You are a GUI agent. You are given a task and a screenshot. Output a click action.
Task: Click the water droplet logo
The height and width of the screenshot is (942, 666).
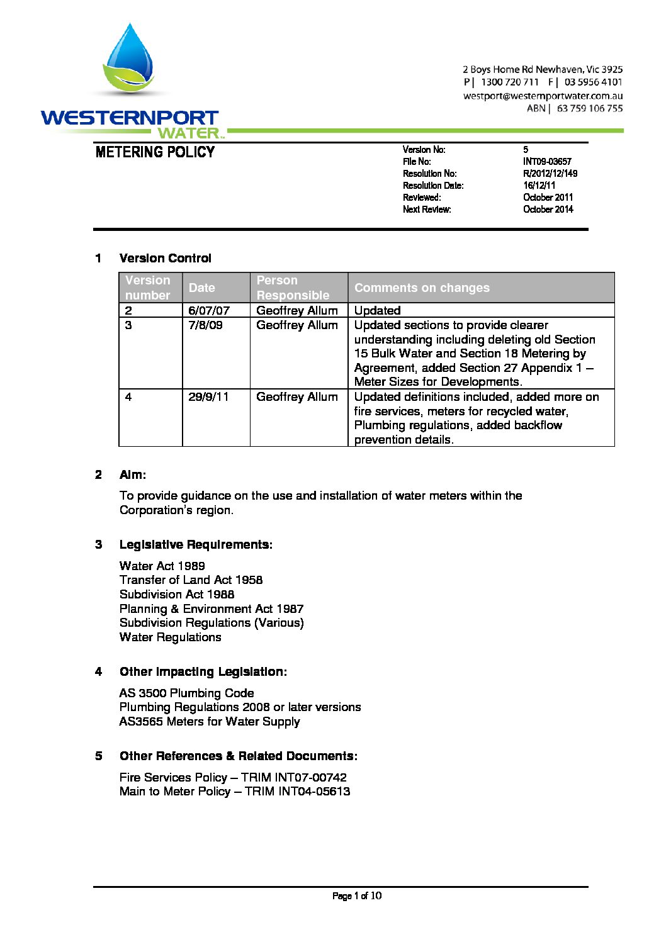pyautogui.click(x=131, y=60)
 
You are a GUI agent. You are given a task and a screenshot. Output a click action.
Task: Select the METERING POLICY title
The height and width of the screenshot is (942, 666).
pyautogui.click(x=155, y=152)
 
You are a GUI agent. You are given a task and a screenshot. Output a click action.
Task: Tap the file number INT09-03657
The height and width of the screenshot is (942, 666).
pyautogui.click(x=547, y=162)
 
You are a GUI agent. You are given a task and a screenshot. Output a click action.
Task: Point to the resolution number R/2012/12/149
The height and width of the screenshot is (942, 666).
pyautogui.click(x=550, y=174)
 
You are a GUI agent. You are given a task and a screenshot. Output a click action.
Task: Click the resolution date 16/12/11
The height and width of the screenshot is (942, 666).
pyautogui.click(x=539, y=186)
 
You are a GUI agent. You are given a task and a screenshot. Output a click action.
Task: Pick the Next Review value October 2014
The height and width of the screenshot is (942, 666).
pyautogui.click(x=548, y=210)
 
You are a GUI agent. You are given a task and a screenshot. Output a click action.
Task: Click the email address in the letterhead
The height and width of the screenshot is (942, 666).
pyautogui.click(x=543, y=96)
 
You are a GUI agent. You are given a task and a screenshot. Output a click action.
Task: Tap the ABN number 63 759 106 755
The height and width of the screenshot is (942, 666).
pyautogui.click(x=590, y=108)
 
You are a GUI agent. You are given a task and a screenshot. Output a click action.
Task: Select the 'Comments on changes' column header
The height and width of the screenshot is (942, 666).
pyautogui.click(x=422, y=288)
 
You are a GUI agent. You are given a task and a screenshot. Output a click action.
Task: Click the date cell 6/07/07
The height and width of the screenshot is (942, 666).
pyautogui.click(x=209, y=310)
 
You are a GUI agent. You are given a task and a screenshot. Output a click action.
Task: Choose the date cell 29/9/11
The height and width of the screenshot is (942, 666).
pyautogui.click(x=208, y=397)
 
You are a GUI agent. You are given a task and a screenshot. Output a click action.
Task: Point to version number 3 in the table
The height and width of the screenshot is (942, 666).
pyautogui.click(x=128, y=325)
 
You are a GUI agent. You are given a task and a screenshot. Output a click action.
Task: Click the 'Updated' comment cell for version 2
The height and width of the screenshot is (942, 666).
pyautogui.click(x=377, y=310)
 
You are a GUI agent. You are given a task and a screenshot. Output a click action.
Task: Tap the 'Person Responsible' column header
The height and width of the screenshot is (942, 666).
pyautogui.click(x=293, y=288)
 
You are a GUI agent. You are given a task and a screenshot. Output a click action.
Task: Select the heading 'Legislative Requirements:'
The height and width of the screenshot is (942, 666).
pyautogui.click(x=196, y=545)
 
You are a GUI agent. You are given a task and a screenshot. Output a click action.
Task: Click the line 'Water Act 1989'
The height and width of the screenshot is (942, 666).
pyautogui.click(x=162, y=566)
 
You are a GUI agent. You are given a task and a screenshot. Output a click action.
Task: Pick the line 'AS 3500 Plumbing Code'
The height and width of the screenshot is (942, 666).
pyautogui.click(x=186, y=693)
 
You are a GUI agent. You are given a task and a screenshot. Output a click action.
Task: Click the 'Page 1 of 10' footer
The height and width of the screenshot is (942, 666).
pyautogui.click(x=356, y=896)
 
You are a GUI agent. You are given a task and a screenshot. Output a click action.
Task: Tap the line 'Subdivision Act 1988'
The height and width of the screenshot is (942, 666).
pyautogui.click(x=177, y=594)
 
